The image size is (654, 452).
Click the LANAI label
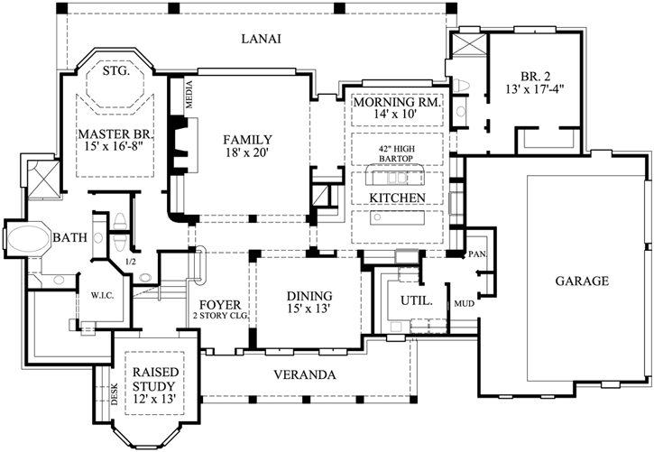[261, 39]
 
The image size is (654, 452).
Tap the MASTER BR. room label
[116, 134]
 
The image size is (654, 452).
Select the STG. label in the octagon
[116, 71]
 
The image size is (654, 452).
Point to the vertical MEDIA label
[189, 94]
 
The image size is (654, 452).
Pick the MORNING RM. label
[397, 102]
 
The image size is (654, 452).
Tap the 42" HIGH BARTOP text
[396, 153]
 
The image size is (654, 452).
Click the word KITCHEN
[397, 198]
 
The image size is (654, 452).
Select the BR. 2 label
[535, 77]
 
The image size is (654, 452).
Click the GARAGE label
[582, 281]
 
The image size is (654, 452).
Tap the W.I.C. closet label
[102, 296]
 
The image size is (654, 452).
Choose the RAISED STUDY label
[155, 379]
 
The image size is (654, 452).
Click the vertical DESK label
[115, 394]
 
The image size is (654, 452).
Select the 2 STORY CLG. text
[220, 316]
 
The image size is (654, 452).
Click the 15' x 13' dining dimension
[309, 309]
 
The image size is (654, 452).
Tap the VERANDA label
[305, 374]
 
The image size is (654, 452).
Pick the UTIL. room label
[417, 300]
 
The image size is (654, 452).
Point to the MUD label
[465, 303]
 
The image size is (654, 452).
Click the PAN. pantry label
[478, 254]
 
